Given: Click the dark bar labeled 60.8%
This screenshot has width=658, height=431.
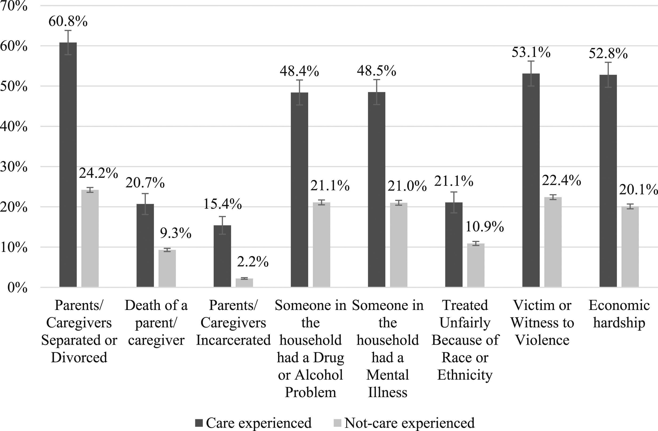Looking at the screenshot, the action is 68,165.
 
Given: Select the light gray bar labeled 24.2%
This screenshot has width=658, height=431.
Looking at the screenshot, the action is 90,239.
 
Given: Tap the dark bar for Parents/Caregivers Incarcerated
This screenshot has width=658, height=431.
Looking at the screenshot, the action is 222,256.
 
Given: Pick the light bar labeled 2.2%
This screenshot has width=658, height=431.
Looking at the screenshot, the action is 244,283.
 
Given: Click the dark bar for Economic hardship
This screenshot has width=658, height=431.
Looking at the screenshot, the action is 608,181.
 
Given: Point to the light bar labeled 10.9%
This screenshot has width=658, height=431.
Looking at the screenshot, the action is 476,265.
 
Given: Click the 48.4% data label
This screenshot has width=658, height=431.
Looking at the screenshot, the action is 299,71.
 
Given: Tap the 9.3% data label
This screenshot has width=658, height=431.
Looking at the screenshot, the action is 175,233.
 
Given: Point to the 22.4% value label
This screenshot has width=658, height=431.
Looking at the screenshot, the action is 561,180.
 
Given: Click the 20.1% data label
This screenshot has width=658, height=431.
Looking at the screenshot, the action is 638,190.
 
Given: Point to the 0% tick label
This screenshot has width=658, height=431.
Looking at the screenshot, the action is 17,288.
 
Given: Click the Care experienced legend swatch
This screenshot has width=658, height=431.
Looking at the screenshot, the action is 199,423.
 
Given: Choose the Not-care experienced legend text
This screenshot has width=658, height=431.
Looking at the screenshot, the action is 409,423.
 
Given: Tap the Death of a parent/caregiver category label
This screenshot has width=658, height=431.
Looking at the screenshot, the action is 156,323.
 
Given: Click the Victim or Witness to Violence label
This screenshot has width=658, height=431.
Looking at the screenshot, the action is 542,323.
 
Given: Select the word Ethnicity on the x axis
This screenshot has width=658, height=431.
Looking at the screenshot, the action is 465,375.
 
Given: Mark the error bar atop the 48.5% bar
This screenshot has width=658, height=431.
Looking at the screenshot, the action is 377,92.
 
